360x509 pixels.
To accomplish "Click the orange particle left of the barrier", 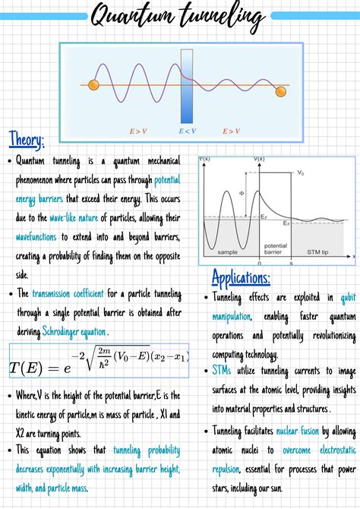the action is [94, 84].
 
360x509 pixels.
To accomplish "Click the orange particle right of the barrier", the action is [280, 91].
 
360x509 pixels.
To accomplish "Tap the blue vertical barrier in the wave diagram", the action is [186, 85].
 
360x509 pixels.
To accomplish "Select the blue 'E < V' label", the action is [188, 131].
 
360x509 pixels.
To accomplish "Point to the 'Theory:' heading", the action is [27, 139].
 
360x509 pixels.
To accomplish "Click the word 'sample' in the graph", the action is [227, 251].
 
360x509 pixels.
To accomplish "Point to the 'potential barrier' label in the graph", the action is [274, 250].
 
